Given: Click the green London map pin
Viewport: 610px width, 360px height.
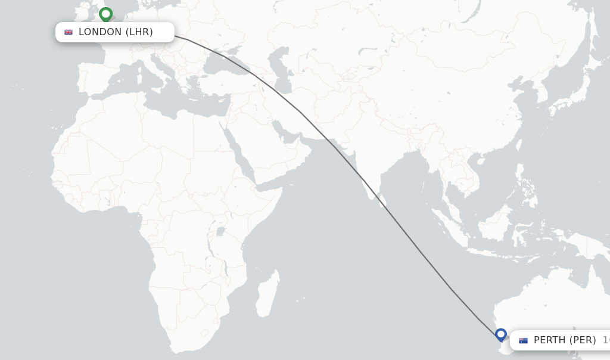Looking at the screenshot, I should click(106, 14).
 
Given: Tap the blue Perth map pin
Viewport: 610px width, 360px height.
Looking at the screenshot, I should click(501, 335).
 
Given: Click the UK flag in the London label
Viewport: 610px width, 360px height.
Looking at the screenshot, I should click(69, 32).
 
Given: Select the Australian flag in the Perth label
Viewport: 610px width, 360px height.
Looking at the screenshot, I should click(523, 340).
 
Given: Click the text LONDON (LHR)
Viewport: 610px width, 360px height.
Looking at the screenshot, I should click(116, 32).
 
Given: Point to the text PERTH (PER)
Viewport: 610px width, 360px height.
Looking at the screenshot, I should click(564, 340).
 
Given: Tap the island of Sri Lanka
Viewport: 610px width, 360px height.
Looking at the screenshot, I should click(382, 200).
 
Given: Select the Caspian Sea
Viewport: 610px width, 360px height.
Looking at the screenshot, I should click(279, 72).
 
